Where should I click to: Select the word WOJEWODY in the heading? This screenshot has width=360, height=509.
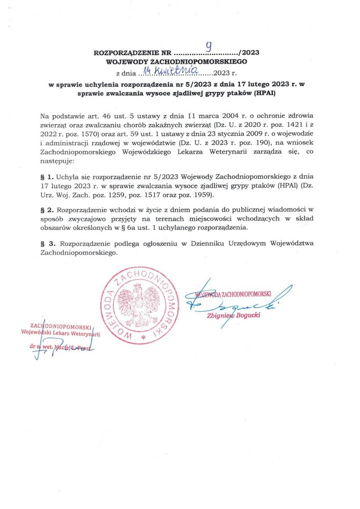[126, 62]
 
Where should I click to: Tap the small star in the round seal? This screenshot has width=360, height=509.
[143, 337]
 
